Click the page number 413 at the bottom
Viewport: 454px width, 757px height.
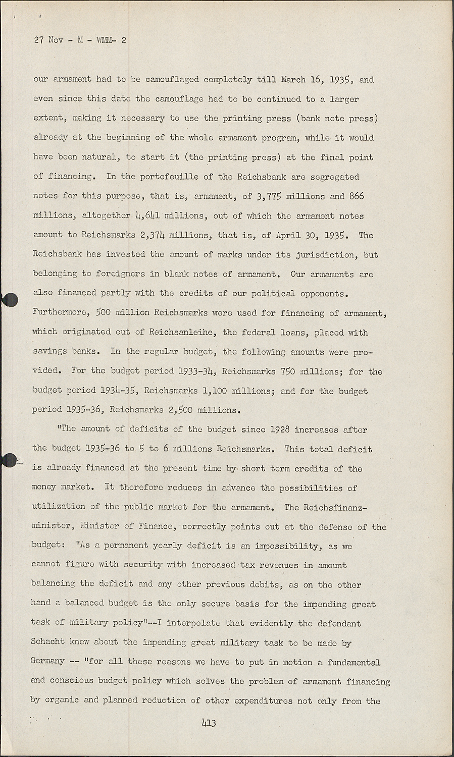tap(209, 723)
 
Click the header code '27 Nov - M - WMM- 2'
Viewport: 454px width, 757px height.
tap(80, 41)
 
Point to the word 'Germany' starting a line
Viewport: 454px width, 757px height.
tap(48, 662)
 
